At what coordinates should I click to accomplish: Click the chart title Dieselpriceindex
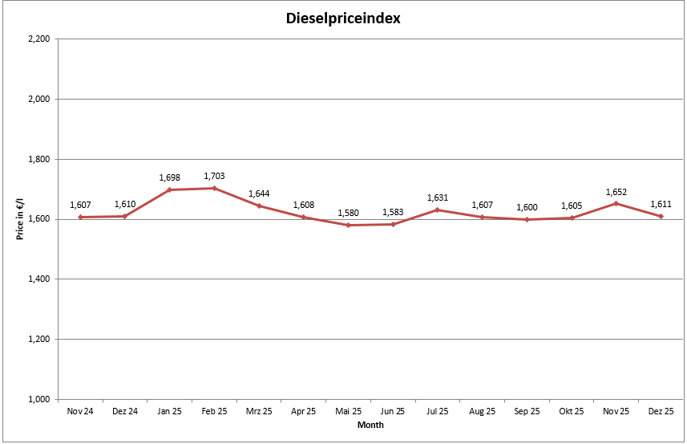pos(343,18)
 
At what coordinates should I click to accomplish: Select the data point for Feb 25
pos(214,188)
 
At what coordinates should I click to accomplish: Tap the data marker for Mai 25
pos(348,225)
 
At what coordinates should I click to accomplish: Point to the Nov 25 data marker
pos(616,203)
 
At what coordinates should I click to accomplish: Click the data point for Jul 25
pos(437,210)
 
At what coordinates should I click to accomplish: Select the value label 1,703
pos(214,176)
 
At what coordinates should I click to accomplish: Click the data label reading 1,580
pos(348,214)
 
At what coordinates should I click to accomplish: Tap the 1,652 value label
pos(616,192)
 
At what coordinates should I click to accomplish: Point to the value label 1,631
pos(437,198)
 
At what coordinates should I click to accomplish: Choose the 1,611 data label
pos(661,205)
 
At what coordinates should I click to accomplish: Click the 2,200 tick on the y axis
pos(38,39)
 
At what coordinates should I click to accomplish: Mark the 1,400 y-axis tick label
pos(38,279)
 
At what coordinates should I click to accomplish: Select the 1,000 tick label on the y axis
pos(38,399)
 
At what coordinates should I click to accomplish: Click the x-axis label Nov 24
pos(80,412)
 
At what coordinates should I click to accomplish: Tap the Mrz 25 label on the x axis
pos(259,412)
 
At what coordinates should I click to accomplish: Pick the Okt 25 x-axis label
pos(571,412)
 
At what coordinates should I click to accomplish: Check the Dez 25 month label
pos(661,412)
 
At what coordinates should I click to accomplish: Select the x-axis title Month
pos(370,426)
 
